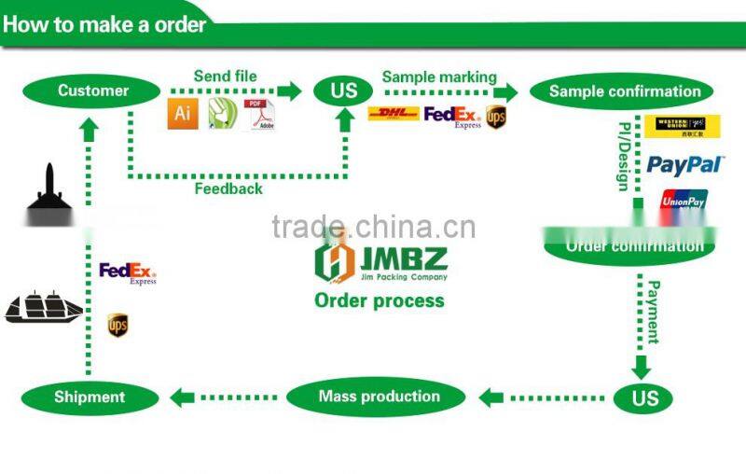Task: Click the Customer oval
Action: pyautogui.click(x=91, y=91)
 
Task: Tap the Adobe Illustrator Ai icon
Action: pyautogui.click(x=183, y=115)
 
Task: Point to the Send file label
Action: pyautogui.click(x=225, y=76)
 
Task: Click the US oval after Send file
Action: pyautogui.click(x=344, y=91)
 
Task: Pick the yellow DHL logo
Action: pyautogui.click(x=394, y=115)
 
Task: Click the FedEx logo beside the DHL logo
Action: pyautogui.click(x=452, y=116)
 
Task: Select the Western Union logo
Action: pyautogui.click(x=683, y=126)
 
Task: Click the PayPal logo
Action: pyautogui.click(x=685, y=165)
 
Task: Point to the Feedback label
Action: pyautogui.click(x=228, y=189)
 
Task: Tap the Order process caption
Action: pyautogui.click(x=379, y=300)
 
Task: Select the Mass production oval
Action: pyautogui.click(x=379, y=397)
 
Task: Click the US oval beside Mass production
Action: pyautogui.click(x=644, y=398)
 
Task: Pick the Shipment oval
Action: pyautogui.click(x=89, y=397)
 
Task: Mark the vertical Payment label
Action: pyautogui.click(x=655, y=312)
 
